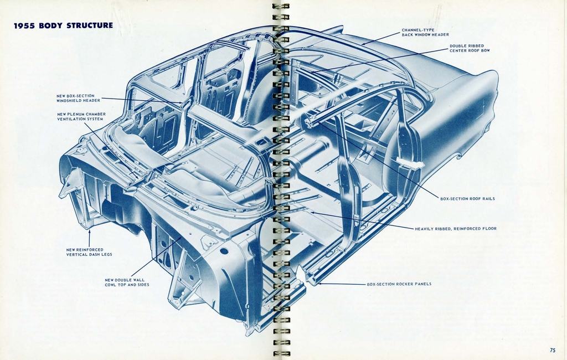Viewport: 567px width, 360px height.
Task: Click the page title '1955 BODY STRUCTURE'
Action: click(x=63, y=25)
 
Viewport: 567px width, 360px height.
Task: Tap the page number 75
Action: click(x=552, y=349)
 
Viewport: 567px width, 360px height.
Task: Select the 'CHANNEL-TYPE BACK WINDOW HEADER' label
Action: click(x=425, y=32)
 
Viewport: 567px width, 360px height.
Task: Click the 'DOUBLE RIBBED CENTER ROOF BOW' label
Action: click(x=470, y=48)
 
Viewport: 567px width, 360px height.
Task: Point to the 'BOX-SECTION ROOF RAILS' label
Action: click(x=467, y=198)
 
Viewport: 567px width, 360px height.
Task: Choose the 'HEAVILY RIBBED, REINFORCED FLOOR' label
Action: click(x=455, y=228)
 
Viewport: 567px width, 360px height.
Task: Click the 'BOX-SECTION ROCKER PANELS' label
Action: click(x=399, y=284)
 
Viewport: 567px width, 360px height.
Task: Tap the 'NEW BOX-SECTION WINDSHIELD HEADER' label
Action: click(x=78, y=98)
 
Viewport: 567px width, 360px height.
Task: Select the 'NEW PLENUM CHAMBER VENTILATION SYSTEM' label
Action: click(x=81, y=116)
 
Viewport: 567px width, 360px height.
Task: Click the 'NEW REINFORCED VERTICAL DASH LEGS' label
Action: click(x=89, y=252)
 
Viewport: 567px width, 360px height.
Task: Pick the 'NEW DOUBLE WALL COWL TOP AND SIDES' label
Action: click(x=127, y=282)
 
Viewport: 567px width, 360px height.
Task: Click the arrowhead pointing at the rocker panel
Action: click(x=320, y=283)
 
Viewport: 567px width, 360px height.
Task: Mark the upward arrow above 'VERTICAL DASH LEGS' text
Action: click(x=89, y=233)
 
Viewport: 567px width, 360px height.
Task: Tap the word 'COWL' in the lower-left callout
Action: click(x=111, y=285)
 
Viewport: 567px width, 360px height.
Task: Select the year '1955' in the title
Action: click(x=24, y=25)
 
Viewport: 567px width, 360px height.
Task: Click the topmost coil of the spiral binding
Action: click(x=281, y=6)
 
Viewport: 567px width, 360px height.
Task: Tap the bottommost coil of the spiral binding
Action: click(x=281, y=353)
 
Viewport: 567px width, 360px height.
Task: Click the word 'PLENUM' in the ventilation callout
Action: click(x=75, y=114)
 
